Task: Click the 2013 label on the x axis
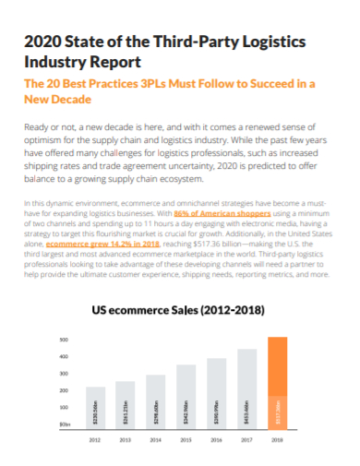tap(126, 440)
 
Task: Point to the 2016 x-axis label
tap(216, 440)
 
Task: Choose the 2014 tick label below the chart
tap(156, 440)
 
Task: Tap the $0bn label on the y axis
tap(65, 423)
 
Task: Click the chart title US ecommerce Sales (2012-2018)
tap(179, 312)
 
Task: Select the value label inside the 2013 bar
tap(126, 410)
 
